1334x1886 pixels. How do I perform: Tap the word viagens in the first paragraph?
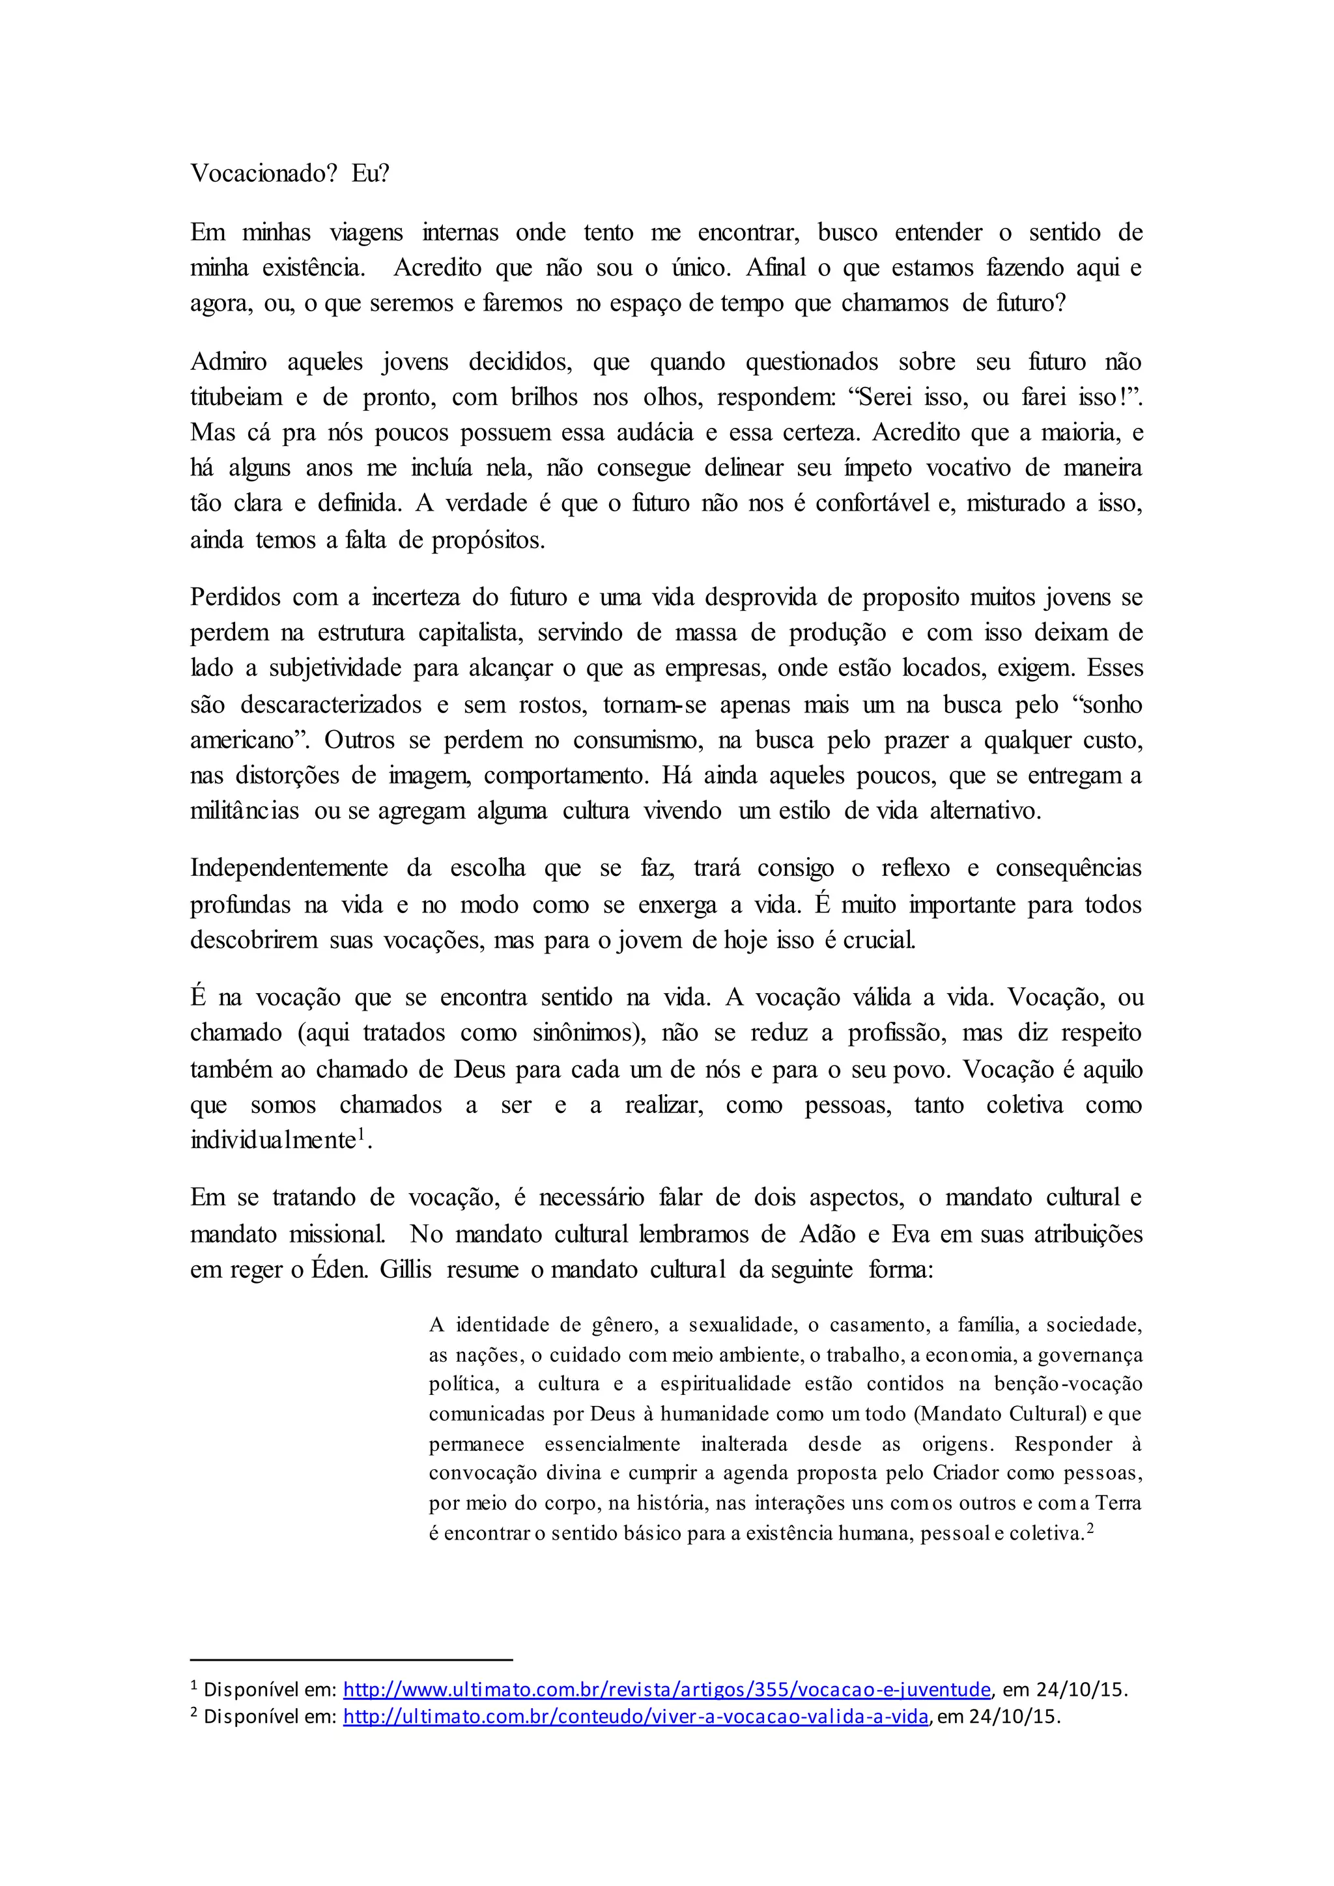[366, 233]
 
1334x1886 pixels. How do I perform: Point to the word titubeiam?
[236, 397]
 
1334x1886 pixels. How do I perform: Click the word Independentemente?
[289, 868]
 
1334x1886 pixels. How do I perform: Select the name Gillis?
[405, 1270]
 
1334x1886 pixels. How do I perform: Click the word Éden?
[339, 1270]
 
